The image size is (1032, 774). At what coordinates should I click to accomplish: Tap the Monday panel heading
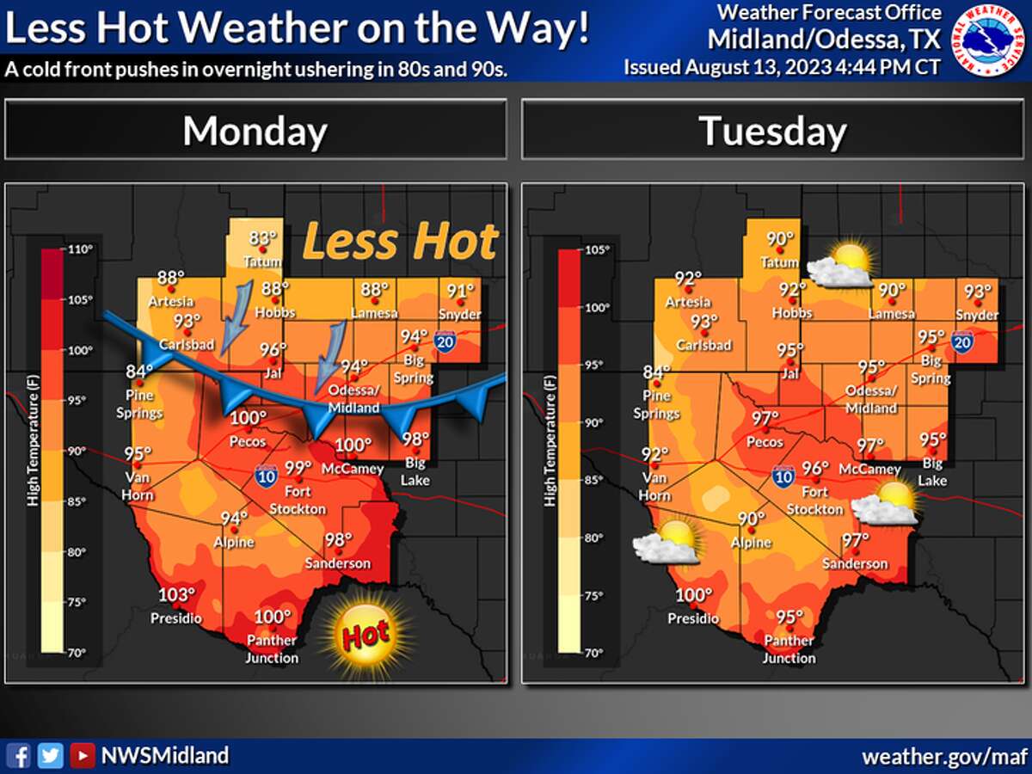pyautogui.click(x=255, y=131)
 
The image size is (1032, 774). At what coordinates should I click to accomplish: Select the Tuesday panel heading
pyautogui.click(x=772, y=131)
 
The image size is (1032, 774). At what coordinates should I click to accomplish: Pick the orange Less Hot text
pyautogui.click(x=401, y=242)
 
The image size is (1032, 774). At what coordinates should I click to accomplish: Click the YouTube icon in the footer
pyautogui.click(x=83, y=755)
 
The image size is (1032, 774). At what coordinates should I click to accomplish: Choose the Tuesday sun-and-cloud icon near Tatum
pyautogui.click(x=840, y=265)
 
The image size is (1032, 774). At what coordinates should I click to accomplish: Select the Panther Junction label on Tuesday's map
pyautogui.click(x=789, y=650)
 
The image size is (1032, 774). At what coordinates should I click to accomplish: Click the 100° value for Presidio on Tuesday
pyautogui.click(x=693, y=595)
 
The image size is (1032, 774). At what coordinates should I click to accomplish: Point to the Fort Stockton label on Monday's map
pyautogui.click(x=298, y=501)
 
